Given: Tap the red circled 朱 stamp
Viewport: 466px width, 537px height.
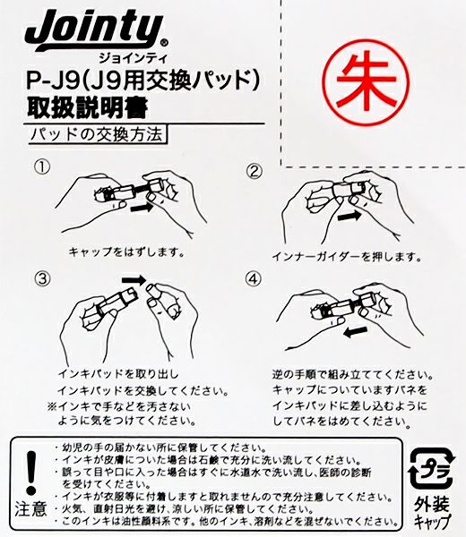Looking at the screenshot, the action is coord(367,83).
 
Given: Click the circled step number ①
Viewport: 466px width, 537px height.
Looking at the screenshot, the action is coord(42,166).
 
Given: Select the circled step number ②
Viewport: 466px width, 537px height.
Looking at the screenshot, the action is coord(255,171).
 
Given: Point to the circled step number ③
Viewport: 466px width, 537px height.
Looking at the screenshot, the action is coord(42,278).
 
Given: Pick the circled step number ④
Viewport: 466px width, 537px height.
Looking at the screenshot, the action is coord(253,278).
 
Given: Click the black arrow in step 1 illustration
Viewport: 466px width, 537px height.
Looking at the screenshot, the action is coord(142,208).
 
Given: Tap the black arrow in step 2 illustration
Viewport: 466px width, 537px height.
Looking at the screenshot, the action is coord(349,217).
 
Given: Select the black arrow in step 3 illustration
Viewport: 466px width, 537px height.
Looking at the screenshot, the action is coord(134,280).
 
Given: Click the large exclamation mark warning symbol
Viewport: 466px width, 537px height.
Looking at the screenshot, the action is coord(31,473).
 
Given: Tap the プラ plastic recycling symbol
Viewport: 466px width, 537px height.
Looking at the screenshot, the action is coord(432,469).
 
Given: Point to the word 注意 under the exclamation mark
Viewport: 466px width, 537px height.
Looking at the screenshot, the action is coord(30,508).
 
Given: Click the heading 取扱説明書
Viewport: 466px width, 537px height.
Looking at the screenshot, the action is coord(88,108).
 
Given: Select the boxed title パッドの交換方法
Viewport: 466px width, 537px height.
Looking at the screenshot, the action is coord(98,134).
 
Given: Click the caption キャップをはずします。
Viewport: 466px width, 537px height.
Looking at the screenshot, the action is coord(126,252).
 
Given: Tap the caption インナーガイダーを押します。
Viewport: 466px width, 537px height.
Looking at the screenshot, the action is coord(347,257).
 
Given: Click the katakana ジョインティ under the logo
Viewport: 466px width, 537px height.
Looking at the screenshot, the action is coord(133,58).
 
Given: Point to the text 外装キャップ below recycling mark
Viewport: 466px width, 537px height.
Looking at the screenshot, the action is coord(432,513).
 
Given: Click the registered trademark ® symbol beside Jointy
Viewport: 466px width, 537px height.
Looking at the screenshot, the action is coord(164,43).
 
